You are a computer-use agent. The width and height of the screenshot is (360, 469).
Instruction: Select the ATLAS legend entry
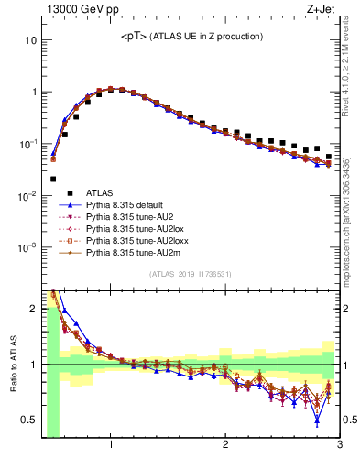(x=100, y=193)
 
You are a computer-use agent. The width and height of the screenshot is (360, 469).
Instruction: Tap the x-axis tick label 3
(x=338, y=446)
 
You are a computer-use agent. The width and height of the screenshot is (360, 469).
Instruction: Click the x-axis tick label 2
(x=225, y=446)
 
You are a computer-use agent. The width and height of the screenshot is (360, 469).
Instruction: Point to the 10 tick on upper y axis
(x=31, y=41)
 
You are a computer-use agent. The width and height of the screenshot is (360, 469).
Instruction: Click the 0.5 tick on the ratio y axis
(x=29, y=420)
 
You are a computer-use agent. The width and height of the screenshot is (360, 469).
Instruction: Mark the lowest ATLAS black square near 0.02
(x=53, y=180)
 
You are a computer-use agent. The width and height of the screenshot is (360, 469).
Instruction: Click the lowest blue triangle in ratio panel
(x=317, y=420)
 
